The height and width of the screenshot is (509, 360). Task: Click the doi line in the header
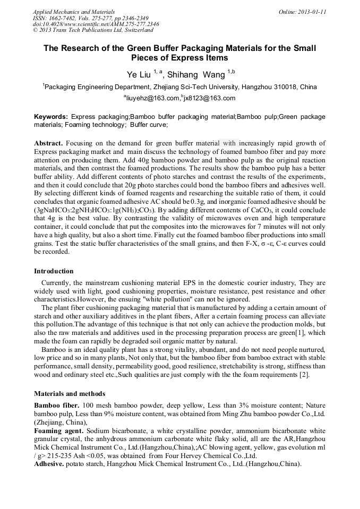[96, 24]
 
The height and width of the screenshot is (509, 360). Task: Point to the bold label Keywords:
[51, 116]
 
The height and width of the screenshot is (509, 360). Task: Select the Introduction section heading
[54, 271]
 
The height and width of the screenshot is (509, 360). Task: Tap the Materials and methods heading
[70, 394]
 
